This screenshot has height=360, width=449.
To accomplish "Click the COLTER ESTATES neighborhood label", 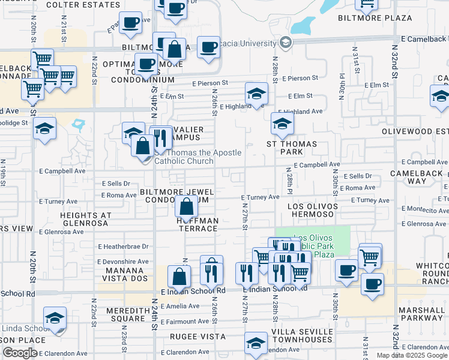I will [x=83, y=5].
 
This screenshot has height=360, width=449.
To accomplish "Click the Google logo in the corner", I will [x=19, y=353].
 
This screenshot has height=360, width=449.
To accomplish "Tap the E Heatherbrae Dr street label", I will [x=122, y=247].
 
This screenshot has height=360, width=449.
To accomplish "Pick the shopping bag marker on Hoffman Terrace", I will [x=187, y=208].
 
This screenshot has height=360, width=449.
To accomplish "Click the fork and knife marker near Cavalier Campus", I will [x=159, y=139].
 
